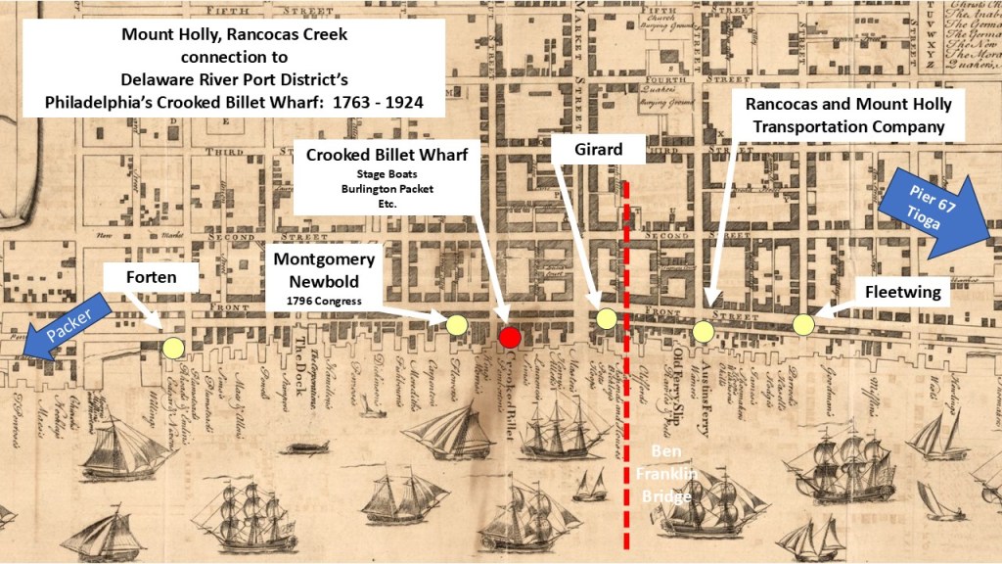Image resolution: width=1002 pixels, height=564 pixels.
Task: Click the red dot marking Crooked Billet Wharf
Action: [509, 338]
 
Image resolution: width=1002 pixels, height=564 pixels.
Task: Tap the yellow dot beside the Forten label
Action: [173, 347]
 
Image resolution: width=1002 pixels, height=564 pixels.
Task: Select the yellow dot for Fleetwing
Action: [803, 323]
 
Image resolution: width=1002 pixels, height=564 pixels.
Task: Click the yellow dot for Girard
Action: [606, 318]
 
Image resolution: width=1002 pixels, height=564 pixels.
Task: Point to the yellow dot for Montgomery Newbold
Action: [456, 324]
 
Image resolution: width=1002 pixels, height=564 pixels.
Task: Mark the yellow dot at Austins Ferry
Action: [703, 332]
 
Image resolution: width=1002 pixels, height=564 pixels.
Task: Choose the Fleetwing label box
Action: [904, 291]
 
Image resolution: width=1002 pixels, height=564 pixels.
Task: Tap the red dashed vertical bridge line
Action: [626, 392]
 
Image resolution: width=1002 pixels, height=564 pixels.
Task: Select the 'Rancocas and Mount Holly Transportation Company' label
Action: [848, 115]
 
